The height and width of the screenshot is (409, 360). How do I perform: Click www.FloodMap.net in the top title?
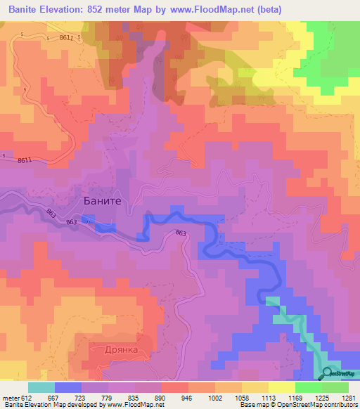tap(236, 10)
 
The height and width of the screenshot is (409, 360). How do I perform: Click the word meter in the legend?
tap(13, 397)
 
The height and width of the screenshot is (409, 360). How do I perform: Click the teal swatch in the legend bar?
tap(41, 387)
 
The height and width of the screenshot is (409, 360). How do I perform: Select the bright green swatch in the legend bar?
tap(308, 387)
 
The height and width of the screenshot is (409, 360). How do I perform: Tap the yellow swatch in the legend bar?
tap(281, 387)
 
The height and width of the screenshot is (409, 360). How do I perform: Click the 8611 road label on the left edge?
tap(25, 161)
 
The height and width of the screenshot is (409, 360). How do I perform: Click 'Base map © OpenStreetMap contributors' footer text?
tap(297, 405)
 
